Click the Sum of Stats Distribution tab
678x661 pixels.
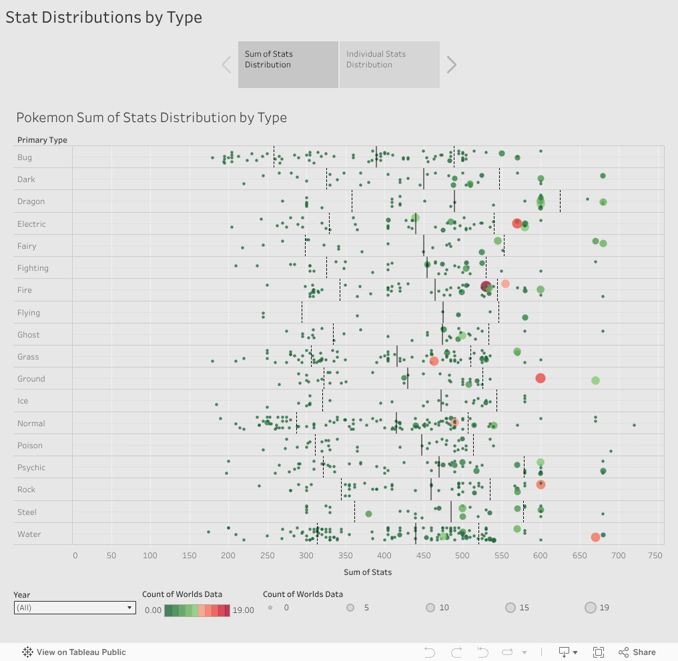(x=288, y=64)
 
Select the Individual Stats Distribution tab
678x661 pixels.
(x=389, y=64)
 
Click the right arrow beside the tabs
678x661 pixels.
(x=452, y=65)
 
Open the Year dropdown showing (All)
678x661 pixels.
(x=75, y=608)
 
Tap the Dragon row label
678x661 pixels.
(x=31, y=201)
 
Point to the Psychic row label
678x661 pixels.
(x=31, y=468)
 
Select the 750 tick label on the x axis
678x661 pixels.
(x=655, y=555)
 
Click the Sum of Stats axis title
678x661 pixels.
(x=368, y=572)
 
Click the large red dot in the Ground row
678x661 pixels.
(x=541, y=378)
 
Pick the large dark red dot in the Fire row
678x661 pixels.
(x=486, y=287)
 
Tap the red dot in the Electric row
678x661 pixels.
(x=517, y=223)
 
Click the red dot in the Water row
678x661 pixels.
(x=595, y=537)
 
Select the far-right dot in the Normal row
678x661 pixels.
(x=634, y=425)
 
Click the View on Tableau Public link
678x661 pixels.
(x=74, y=652)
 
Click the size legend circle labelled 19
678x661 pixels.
(x=591, y=608)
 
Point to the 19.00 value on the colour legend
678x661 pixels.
(x=243, y=610)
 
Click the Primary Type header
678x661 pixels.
(x=42, y=140)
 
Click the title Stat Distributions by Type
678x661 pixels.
(x=103, y=17)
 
